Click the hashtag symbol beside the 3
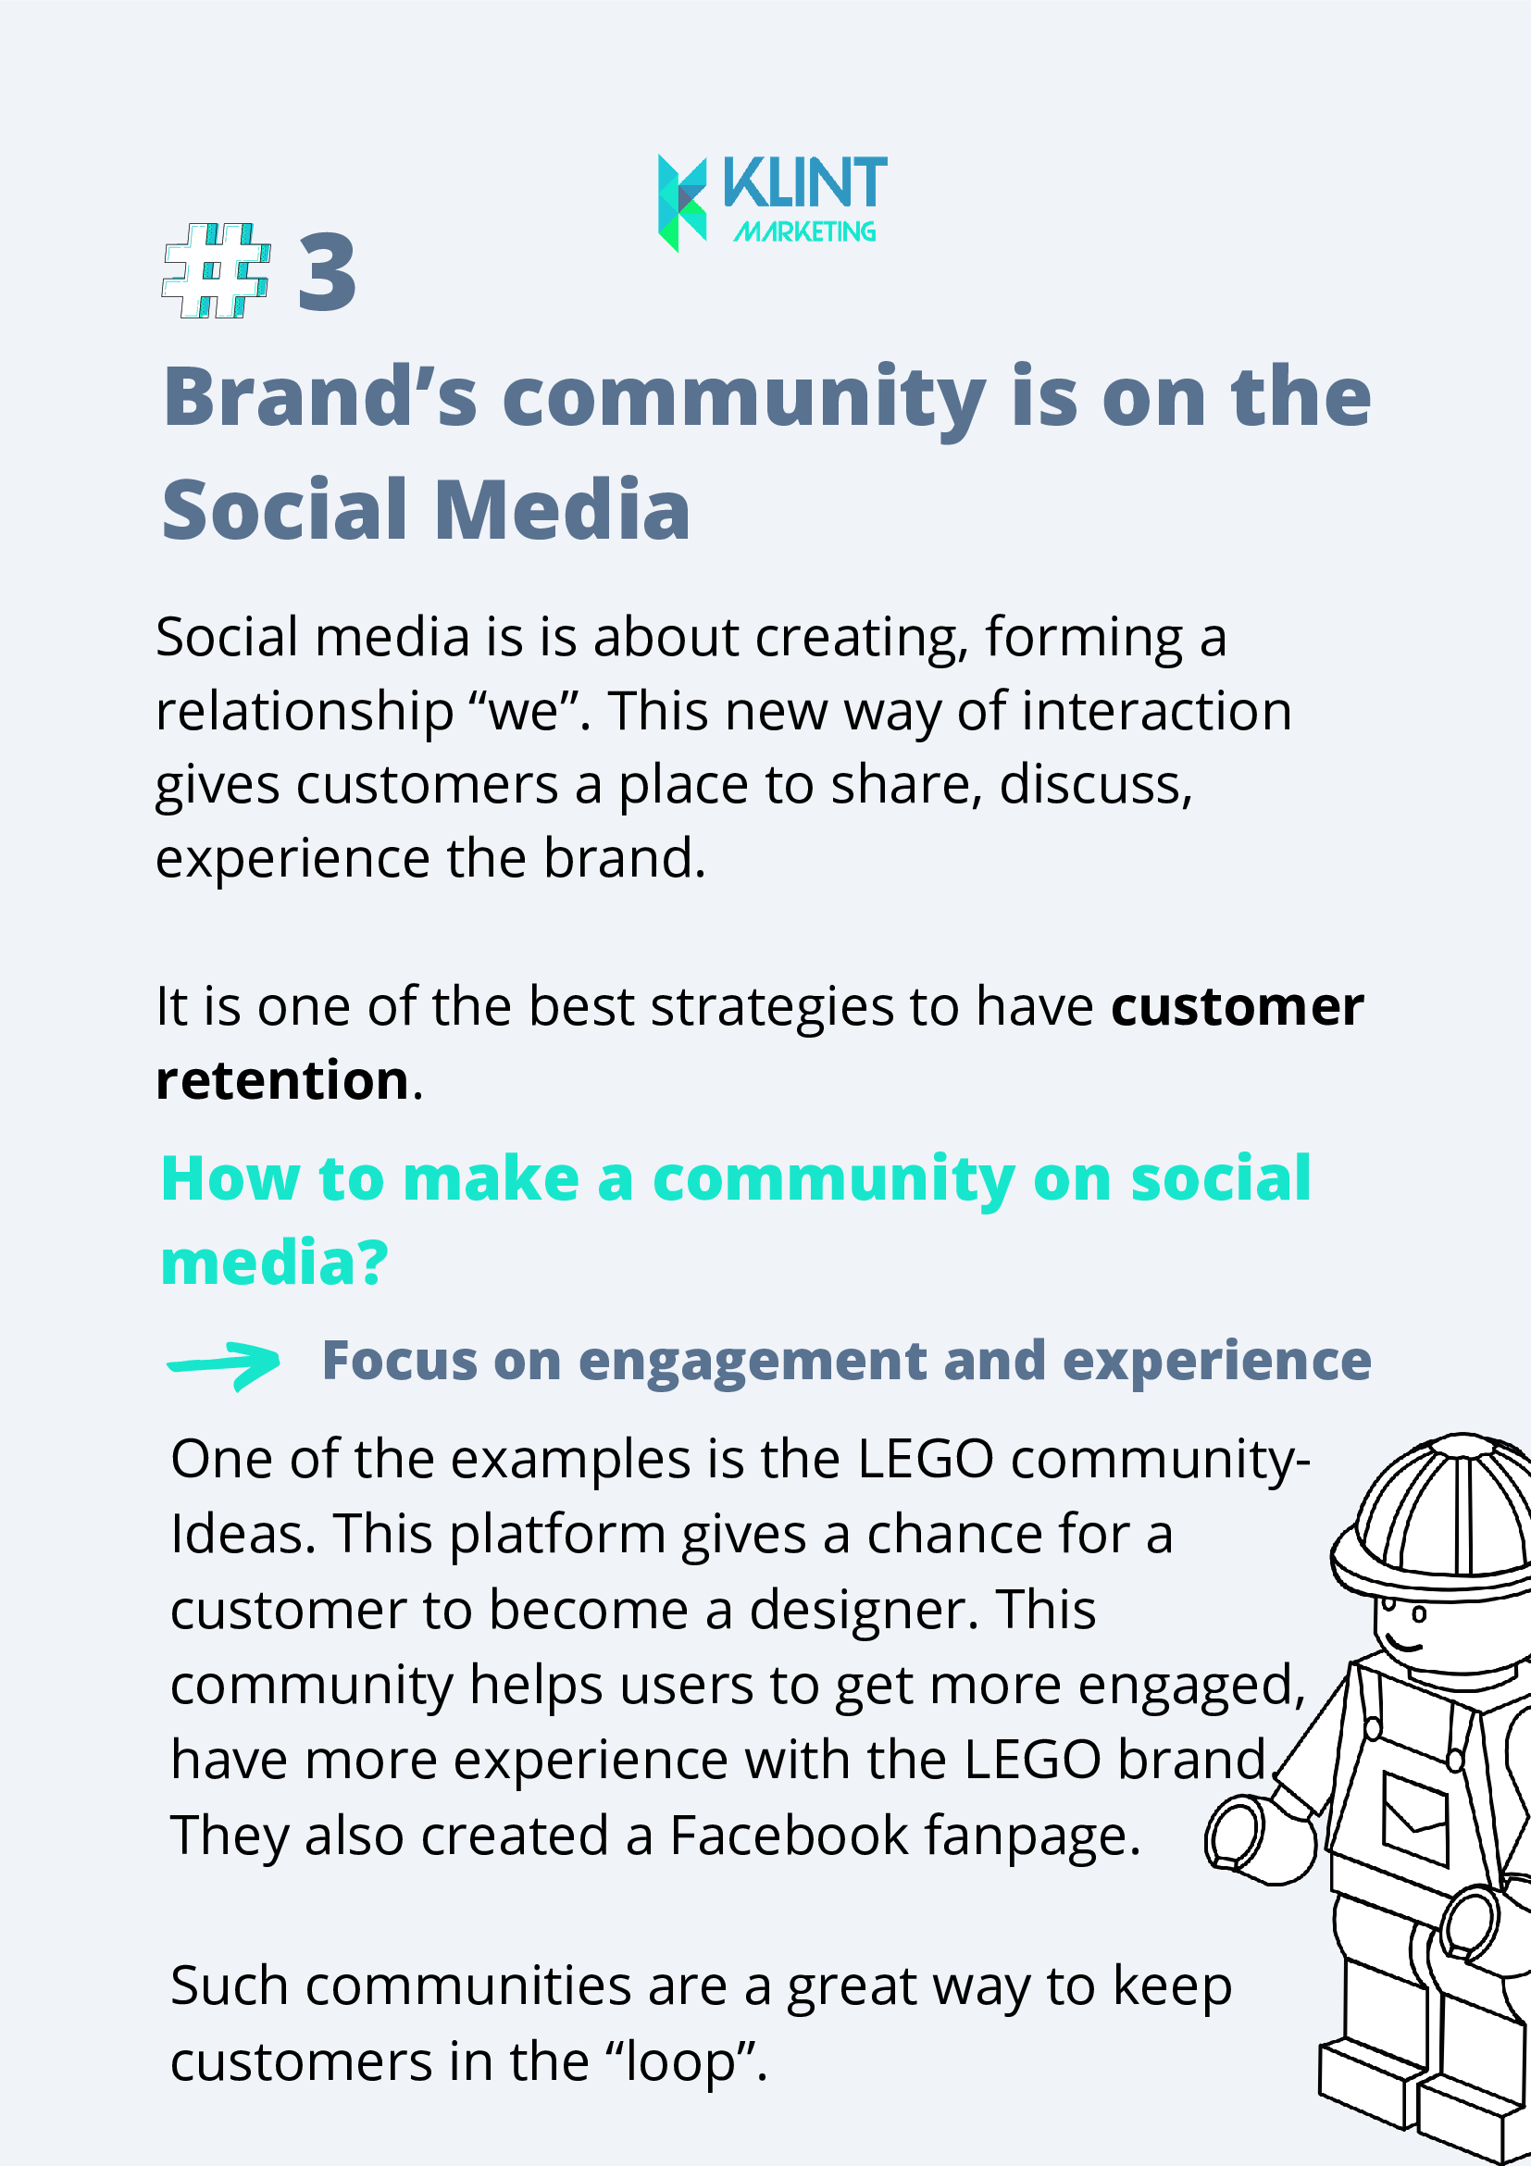click(x=217, y=270)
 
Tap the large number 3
click(x=328, y=274)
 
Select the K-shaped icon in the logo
click(x=682, y=203)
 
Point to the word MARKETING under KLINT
click(x=804, y=231)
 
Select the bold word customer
click(x=1238, y=1005)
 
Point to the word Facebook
click(x=789, y=1836)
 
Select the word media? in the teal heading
click(x=275, y=1263)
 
